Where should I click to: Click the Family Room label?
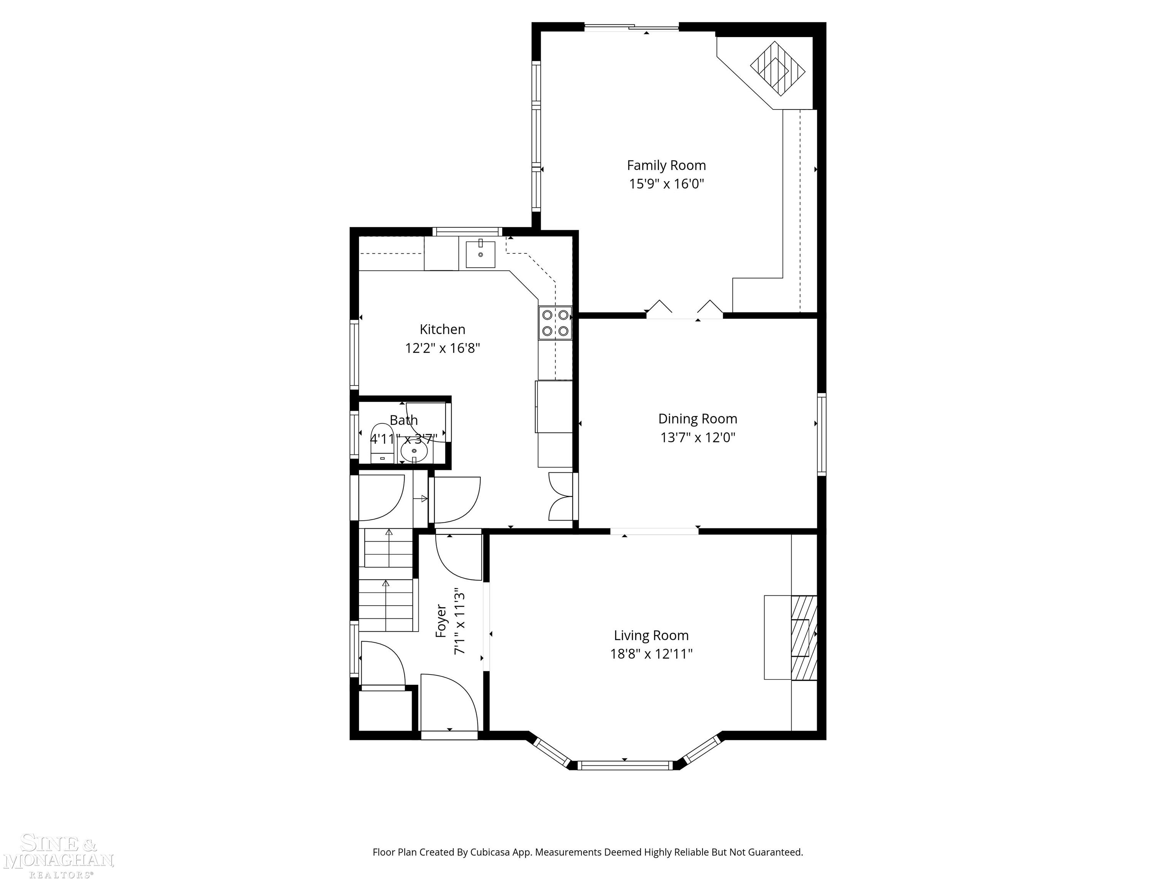pyautogui.click(x=666, y=165)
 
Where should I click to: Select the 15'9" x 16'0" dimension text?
pyautogui.click(x=666, y=184)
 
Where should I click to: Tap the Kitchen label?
pyautogui.click(x=442, y=329)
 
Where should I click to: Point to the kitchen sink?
pyautogui.click(x=480, y=254)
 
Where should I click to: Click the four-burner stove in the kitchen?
pyautogui.click(x=555, y=323)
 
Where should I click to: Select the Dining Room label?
pyautogui.click(x=697, y=418)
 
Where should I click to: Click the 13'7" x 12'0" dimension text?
pyautogui.click(x=697, y=438)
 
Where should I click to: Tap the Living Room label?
pyautogui.click(x=651, y=635)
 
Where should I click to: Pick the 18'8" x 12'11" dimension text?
pyautogui.click(x=651, y=654)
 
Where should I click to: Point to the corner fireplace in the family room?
pyautogui.click(x=777, y=68)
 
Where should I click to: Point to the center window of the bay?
pyautogui.click(x=625, y=766)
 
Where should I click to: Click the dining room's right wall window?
pyautogui.click(x=822, y=434)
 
